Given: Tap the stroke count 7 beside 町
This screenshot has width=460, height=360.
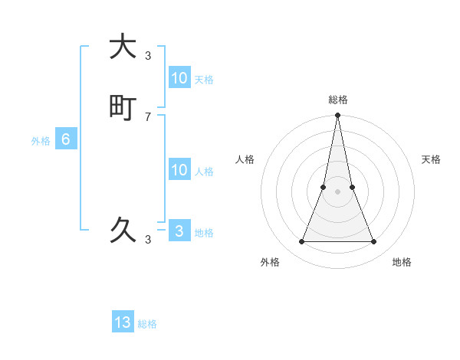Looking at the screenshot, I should pyautogui.click(x=148, y=117).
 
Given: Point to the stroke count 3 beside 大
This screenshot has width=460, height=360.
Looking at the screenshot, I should pyautogui.click(x=148, y=55).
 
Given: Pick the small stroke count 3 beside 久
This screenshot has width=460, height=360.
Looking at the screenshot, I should pyautogui.click(x=148, y=239).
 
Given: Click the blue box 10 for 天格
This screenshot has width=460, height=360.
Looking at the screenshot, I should pyautogui.click(x=179, y=78).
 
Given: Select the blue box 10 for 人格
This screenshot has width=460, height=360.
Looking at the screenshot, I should pyautogui.click(x=179, y=170).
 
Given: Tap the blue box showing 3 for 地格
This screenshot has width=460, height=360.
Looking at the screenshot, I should pyautogui.click(x=179, y=231).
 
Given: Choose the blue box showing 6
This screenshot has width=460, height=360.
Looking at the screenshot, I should pyautogui.click(x=66, y=139).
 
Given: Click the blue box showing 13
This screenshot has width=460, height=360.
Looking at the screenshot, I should pyautogui.click(x=123, y=322).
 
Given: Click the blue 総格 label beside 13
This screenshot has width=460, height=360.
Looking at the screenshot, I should pyautogui.click(x=147, y=324).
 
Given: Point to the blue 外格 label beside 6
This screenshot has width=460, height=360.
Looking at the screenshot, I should pyautogui.click(x=41, y=141).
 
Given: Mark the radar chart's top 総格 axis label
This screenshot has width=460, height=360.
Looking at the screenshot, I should pyautogui.click(x=338, y=100).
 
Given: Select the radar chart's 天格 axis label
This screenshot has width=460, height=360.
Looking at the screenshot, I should pyautogui.click(x=432, y=159).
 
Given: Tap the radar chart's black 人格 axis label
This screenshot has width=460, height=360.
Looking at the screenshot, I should pyautogui.click(x=245, y=159).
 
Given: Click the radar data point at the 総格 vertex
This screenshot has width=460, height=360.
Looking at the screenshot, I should pyautogui.click(x=338, y=116).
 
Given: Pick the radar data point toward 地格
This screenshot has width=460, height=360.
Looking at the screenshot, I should pyautogui.click(x=374, y=242).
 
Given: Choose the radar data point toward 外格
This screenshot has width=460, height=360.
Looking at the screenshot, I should pyautogui.click(x=301, y=242).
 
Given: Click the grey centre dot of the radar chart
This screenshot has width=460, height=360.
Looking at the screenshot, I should pyautogui.click(x=338, y=191).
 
